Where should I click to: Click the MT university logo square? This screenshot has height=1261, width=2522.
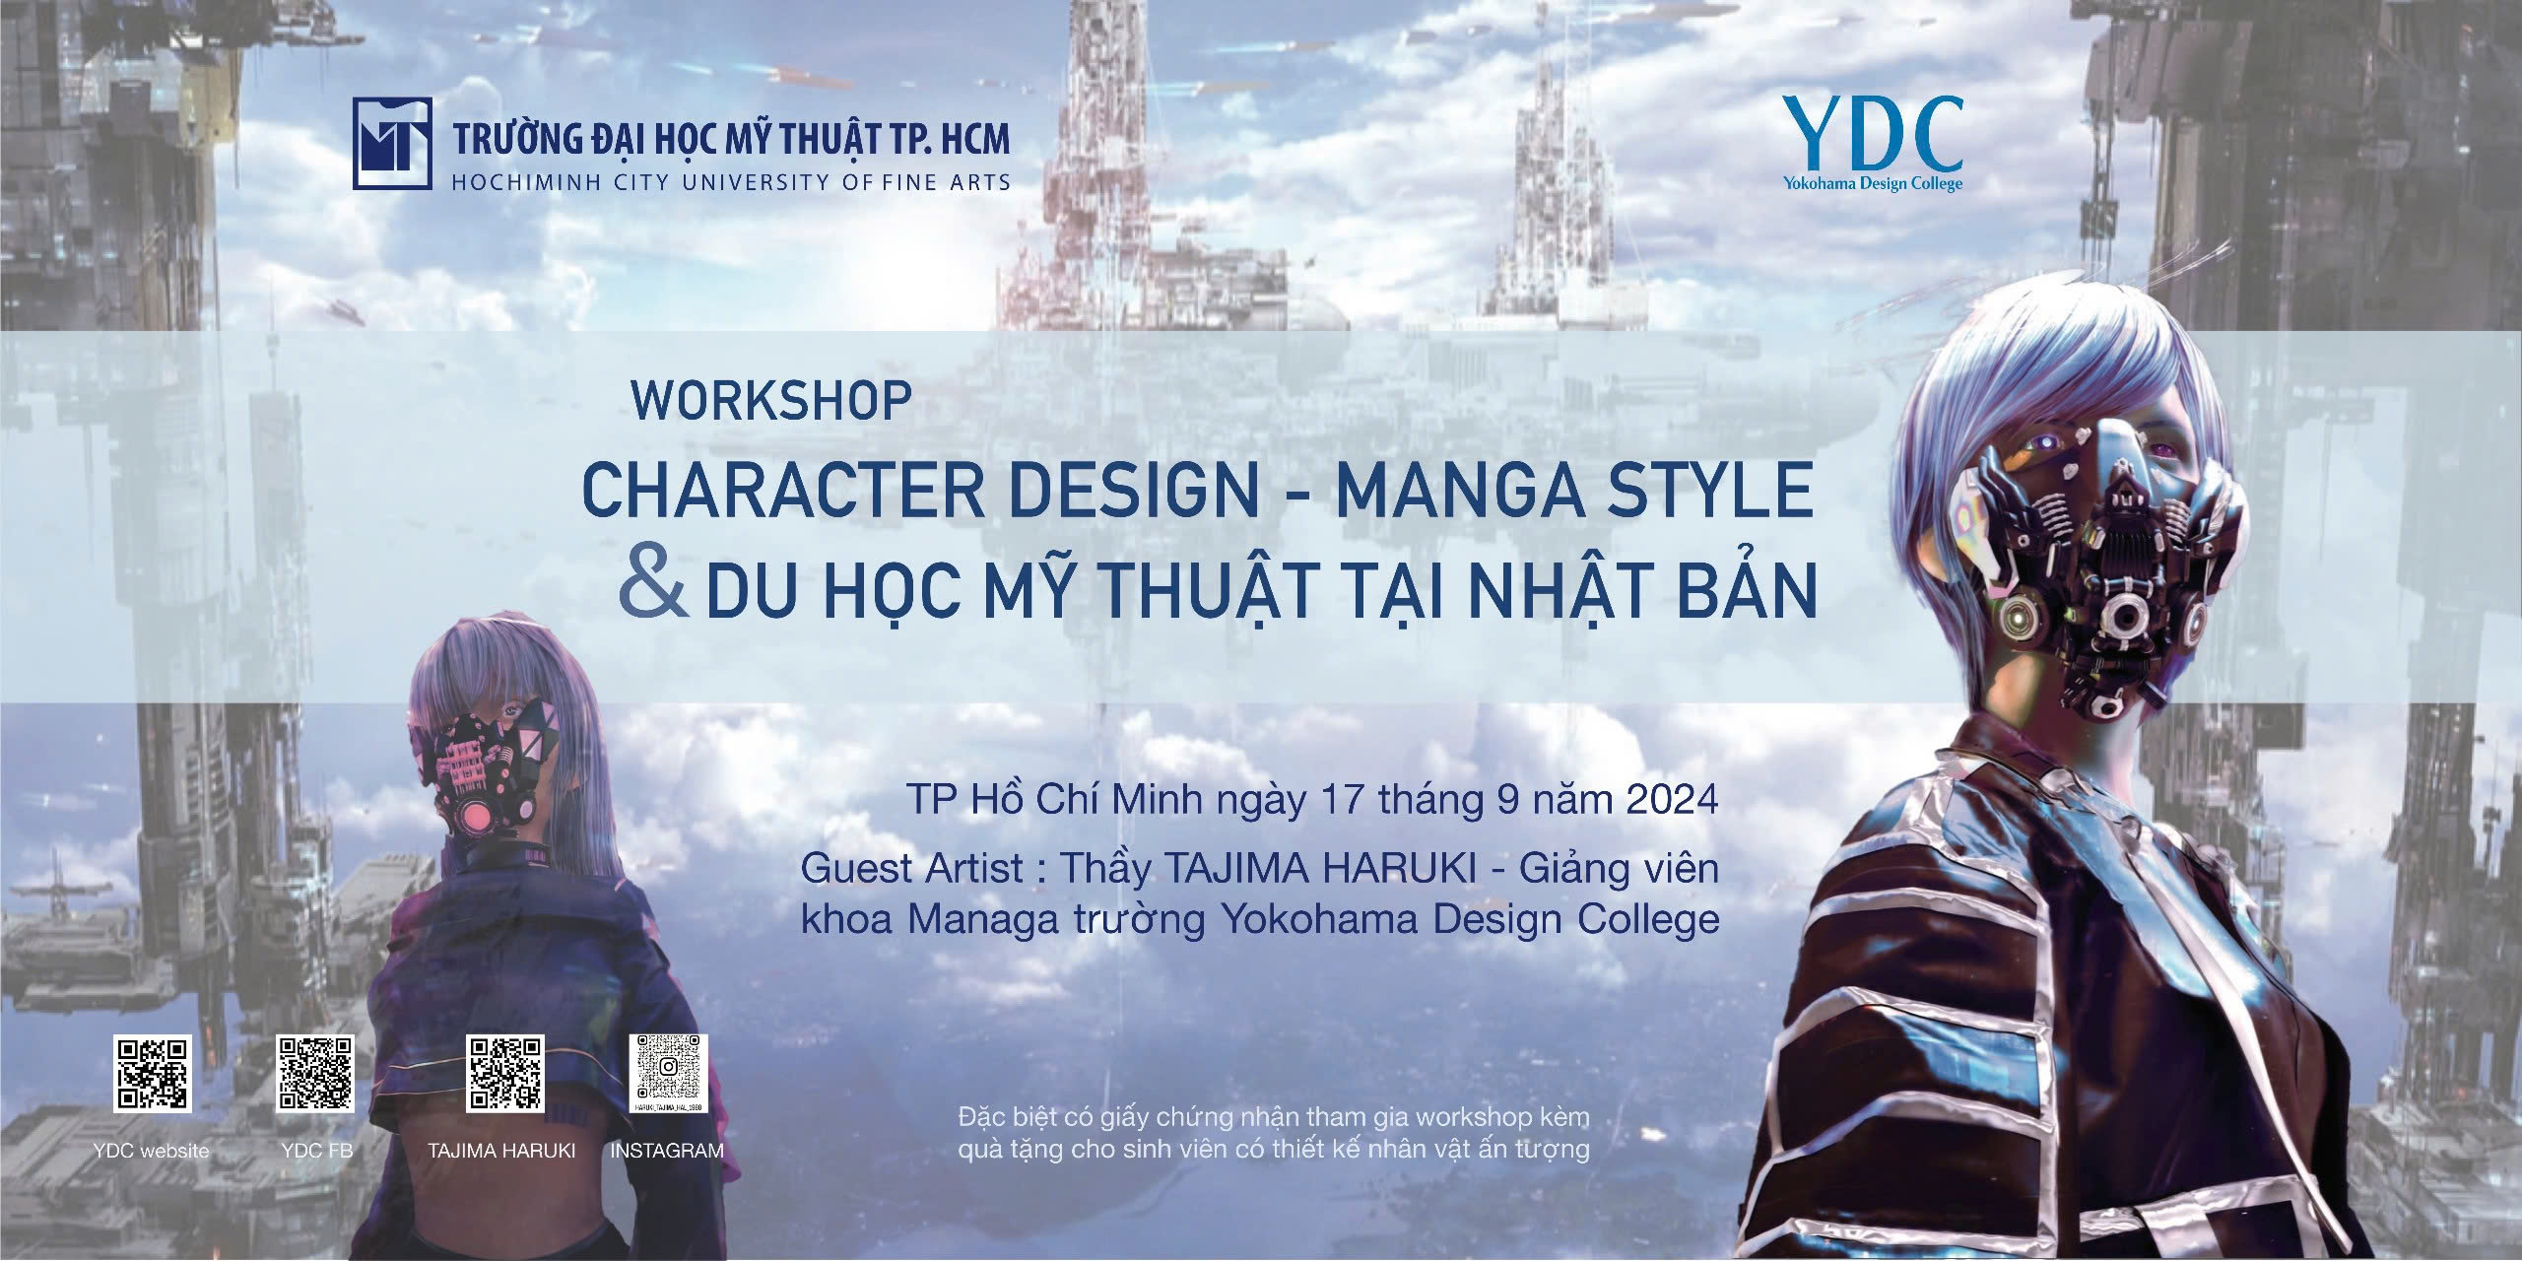click(391, 143)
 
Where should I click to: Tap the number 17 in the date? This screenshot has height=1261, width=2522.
click(1362, 798)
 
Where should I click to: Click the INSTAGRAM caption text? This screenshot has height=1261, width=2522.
click(667, 1150)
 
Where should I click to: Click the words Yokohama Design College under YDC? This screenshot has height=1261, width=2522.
click(1871, 184)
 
